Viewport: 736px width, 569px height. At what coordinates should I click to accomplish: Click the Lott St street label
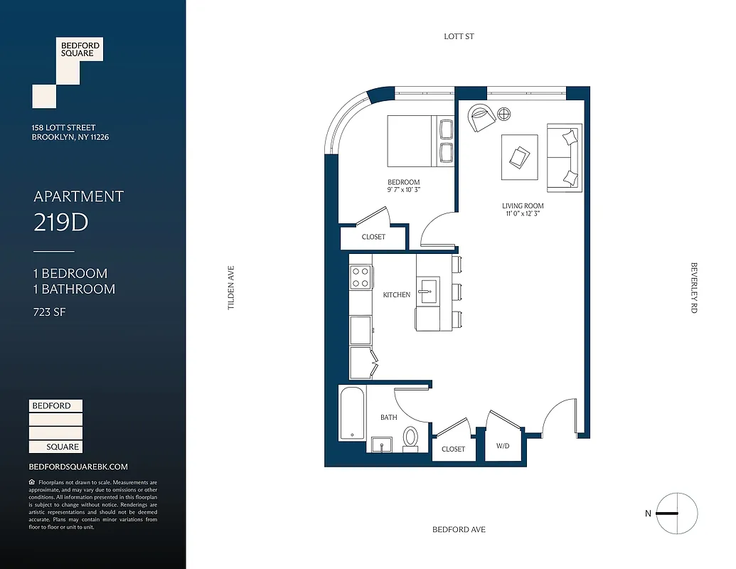click(459, 36)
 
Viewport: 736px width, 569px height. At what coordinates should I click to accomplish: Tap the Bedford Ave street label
click(459, 530)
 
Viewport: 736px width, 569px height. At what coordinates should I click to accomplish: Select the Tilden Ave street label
click(230, 287)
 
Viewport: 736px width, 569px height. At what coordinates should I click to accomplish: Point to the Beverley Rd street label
click(694, 287)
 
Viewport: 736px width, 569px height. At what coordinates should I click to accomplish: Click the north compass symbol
click(676, 513)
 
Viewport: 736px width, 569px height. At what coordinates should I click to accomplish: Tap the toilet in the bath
click(411, 437)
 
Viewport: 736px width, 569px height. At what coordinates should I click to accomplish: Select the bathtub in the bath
click(352, 414)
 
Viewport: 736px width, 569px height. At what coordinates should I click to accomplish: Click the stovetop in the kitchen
click(361, 276)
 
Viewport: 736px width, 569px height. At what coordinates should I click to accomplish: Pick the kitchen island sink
click(428, 291)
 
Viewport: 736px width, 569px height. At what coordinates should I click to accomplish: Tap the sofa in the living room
click(564, 158)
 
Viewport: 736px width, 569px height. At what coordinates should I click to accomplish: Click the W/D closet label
click(503, 446)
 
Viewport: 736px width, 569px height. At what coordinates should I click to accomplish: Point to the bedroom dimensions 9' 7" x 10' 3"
click(403, 190)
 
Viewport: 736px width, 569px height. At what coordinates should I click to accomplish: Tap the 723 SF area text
click(50, 312)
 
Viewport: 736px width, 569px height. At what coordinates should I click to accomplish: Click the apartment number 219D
click(61, 223)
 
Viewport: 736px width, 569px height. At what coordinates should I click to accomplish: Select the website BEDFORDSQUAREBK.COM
click(78, 467)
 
